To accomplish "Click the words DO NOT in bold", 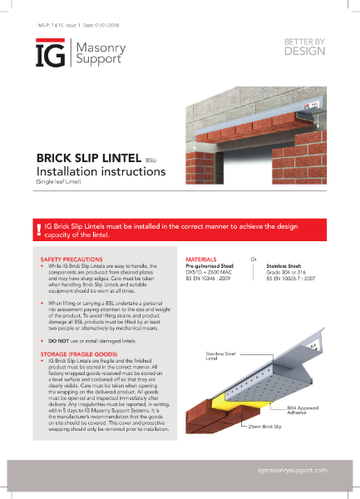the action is tap(57, 365).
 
